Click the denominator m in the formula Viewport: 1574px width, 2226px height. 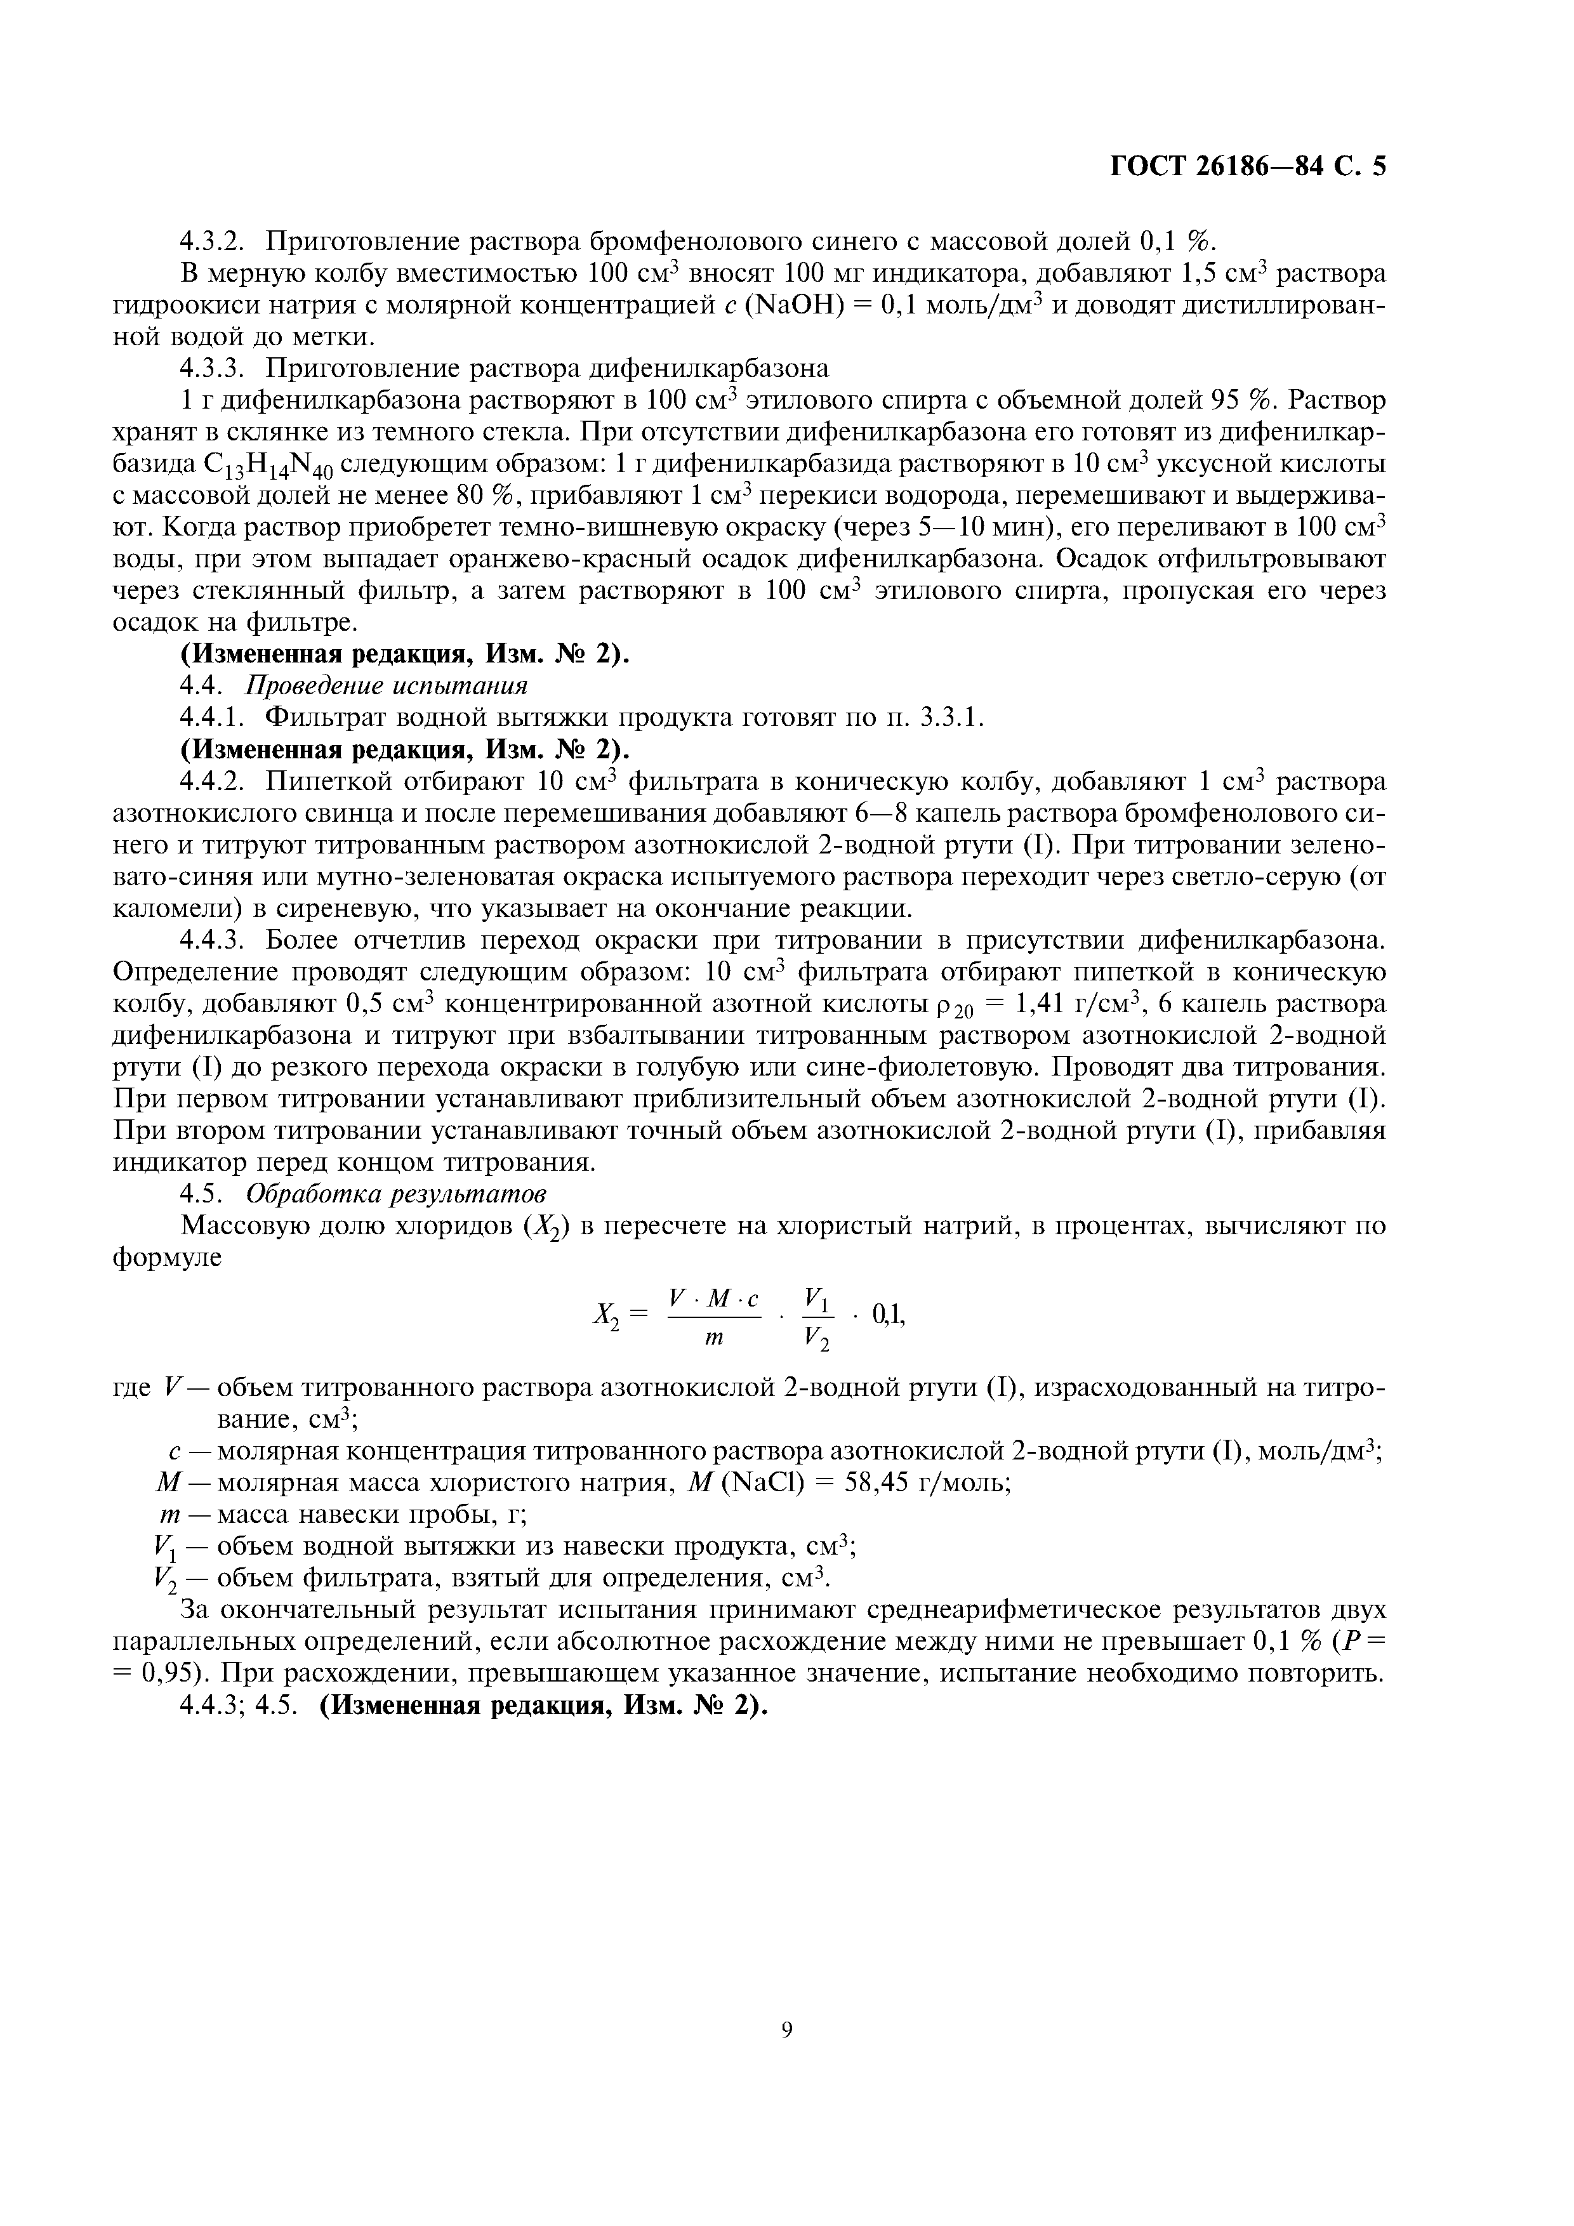[x=714, y=1338]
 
